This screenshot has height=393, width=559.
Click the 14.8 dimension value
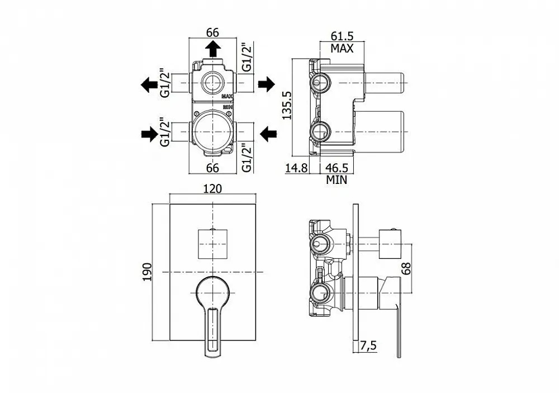(x=296, y=167)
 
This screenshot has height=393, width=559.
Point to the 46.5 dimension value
(x=337, y=167)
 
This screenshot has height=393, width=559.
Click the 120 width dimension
(x=213, y=189)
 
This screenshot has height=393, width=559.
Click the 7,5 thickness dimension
(x=368, y=346)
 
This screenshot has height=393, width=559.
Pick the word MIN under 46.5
(x=337, y=179)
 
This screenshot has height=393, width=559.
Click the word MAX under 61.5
(x=342, y=48)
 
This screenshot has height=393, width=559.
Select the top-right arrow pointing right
(x=266, y=84)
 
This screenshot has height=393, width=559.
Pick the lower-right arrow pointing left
(x=269, y=133)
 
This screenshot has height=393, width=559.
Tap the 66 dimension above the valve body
(x=213, y=32)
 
